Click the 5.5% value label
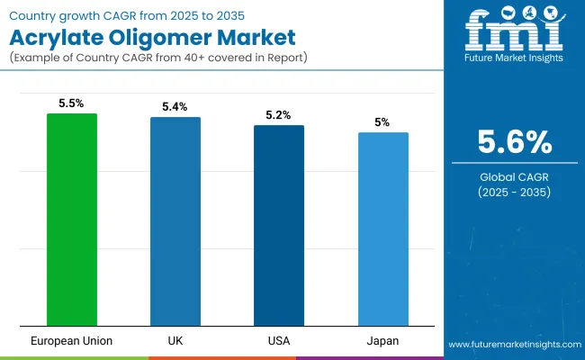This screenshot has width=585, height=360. (72, 103)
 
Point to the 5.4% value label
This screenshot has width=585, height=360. (175, 107)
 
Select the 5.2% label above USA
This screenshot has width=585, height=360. (279, 115)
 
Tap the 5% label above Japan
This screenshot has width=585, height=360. (382, 122)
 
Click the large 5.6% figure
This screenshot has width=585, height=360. (513, 142)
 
